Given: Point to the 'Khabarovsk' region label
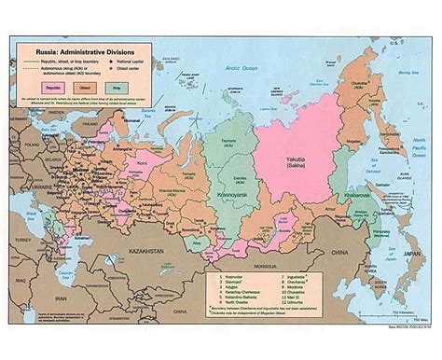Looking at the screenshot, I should point(360,196).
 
